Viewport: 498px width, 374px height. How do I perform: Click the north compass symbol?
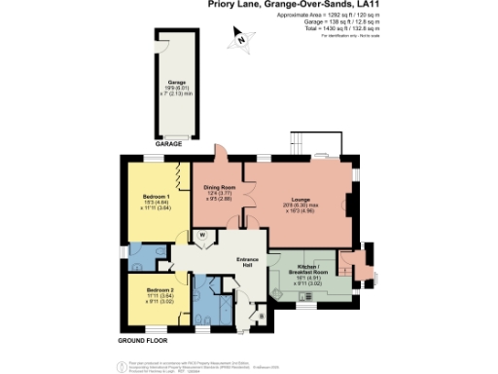(238, 40)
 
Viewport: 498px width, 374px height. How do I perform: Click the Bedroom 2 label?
(159, 292)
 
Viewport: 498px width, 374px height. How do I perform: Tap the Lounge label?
(298, 197)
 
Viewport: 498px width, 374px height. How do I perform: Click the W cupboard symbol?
(203, 235)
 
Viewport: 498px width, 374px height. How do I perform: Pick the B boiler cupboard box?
(262, 317)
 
